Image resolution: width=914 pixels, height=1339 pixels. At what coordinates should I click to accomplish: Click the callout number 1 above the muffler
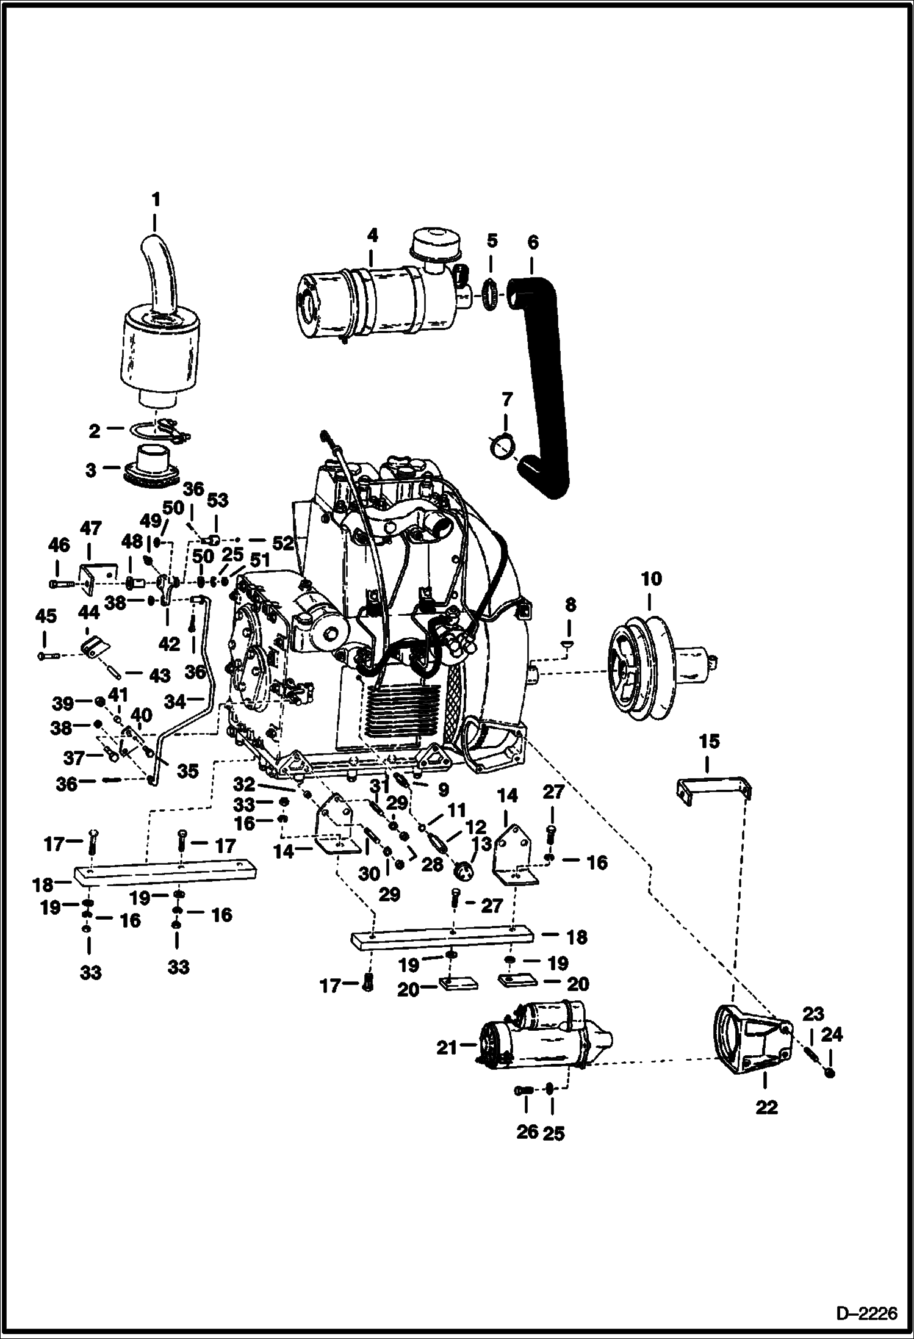156,200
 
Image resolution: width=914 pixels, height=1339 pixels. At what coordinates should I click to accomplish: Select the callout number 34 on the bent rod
176,702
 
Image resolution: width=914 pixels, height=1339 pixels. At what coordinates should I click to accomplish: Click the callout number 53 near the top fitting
217,500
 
